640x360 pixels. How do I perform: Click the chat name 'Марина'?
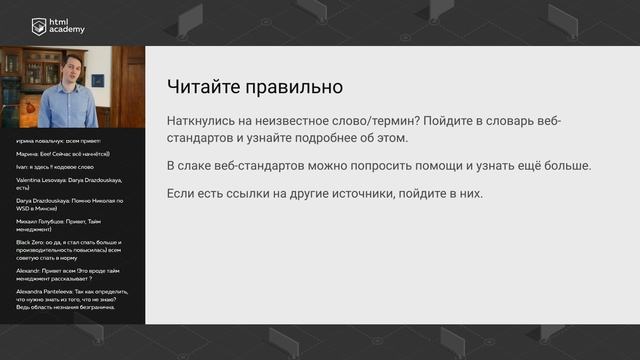(x=29, y=155)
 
